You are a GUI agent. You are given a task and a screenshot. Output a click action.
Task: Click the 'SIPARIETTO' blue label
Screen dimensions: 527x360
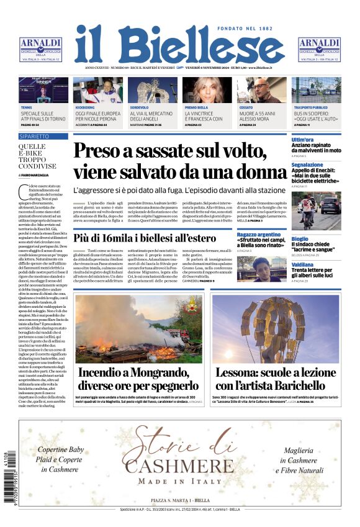(x=35, y=135)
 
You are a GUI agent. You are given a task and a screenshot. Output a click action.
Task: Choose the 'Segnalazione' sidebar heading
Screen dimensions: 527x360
(x=308, y=164)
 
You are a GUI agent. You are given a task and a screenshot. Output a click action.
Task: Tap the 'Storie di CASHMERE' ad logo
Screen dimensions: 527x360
(x=180, y=459)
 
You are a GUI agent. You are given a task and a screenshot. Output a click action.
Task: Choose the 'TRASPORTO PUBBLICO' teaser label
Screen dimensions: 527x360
(x=310, y=107)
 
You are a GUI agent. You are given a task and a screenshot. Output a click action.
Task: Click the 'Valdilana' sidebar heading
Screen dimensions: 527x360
(x=304, y=264)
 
